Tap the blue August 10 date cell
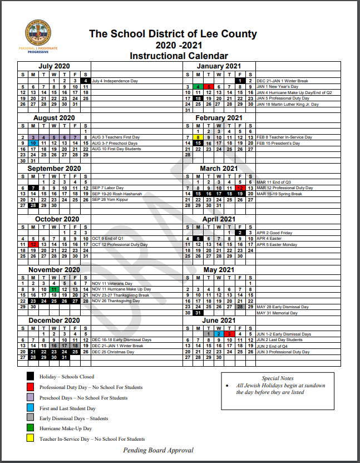[x=33, y=143]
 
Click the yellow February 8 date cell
[x=198, y=137]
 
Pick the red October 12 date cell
[x=33, y=244]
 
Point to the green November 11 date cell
[x=54, y=289]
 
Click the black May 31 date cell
[x=198, y=313]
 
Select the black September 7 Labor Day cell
[x=33, y=188]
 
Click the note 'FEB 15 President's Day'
[x=278, y=143]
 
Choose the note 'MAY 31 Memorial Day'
[x=278, y=313]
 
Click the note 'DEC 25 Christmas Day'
[x=112, y=352]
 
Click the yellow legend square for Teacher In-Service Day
[x=31, y=439]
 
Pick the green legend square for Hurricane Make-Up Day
[x=31, y=428]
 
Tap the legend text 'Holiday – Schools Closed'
[x=67, y=377]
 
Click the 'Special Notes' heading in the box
[x=278, y=378]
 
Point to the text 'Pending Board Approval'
[x=159, y=450]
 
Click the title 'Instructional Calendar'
[x=179, y=56]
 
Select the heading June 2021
[x=219, y=321]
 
